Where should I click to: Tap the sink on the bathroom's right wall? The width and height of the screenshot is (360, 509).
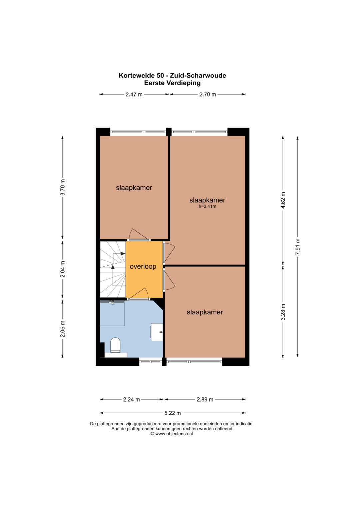coord(157,332)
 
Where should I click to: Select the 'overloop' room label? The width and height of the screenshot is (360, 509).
coord(143,266)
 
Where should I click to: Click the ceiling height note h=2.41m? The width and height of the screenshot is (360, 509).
coord(207,207)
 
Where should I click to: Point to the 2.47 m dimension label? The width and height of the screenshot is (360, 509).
coord(134,94)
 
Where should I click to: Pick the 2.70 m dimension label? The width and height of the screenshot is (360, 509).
coord(207,94)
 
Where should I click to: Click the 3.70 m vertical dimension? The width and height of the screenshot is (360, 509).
coord(63,187)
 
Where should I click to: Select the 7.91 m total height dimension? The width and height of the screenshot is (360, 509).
coord(297,247)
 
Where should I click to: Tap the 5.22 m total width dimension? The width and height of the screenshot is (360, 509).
coord(173,413)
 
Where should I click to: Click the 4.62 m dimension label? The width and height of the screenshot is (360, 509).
coord(283,200)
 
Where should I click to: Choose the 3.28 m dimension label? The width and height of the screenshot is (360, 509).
coord(283,312)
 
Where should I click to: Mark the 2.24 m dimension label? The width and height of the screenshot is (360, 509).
coord(131,399)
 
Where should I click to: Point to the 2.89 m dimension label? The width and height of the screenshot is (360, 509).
coord(205,399)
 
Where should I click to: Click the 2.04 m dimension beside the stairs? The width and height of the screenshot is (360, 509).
coord(63,269)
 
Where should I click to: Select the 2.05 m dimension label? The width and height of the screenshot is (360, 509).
coord(63,329)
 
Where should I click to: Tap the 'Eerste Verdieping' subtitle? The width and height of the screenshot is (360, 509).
coord(172,83)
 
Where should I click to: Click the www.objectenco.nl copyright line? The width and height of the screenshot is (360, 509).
coord(172,434)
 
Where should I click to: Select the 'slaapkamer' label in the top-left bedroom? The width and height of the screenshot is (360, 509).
coord(134,188)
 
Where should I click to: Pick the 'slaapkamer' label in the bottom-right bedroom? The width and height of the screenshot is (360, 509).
coord(205,312)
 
